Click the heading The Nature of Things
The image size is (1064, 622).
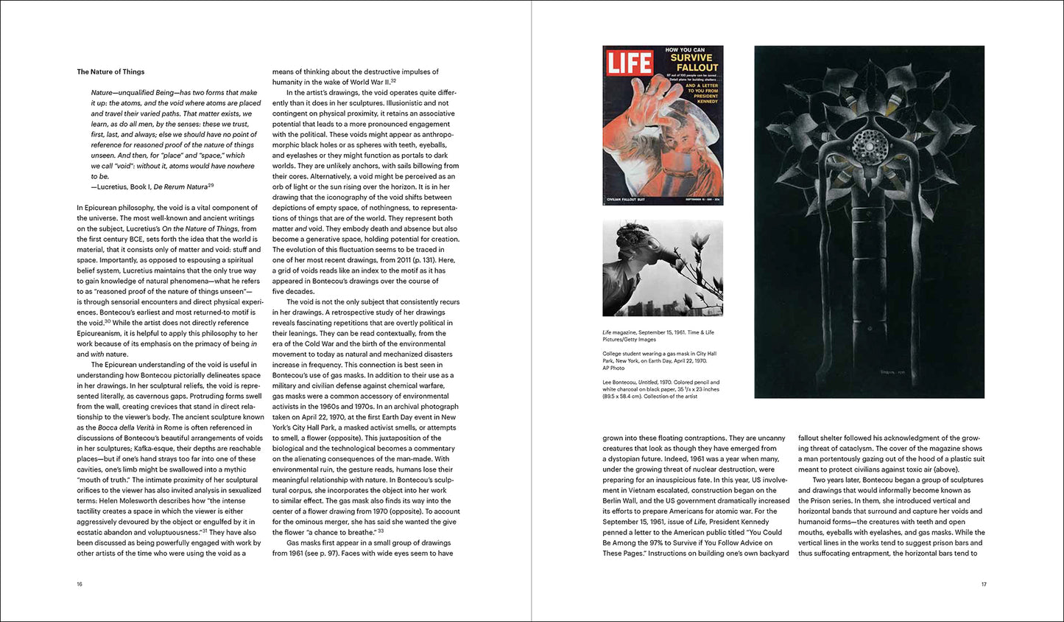click(x=110, y=71)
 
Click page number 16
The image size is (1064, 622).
click(x=80, y=584)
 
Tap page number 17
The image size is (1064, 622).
click(x=983, y=584)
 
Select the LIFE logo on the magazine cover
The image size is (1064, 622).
click(x=630, y=63)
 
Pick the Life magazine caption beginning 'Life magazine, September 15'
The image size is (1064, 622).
click(x=659, y=336)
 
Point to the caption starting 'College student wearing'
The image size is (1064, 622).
click(x=659, y=357)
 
